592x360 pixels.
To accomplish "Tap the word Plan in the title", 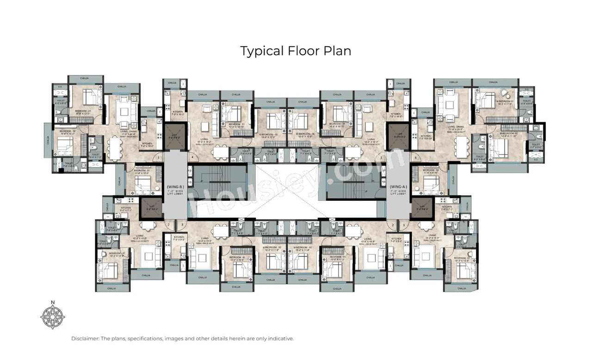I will coord(337,50).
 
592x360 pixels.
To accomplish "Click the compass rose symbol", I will coord(53,317).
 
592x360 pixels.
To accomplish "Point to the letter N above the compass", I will coord(53,303).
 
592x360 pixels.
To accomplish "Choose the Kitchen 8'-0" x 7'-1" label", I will coord(126,209).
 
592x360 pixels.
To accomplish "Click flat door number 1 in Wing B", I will coord(158,158).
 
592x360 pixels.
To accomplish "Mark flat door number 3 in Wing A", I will coord(404,225).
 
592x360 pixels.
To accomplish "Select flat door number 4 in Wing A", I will coord(415,158).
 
